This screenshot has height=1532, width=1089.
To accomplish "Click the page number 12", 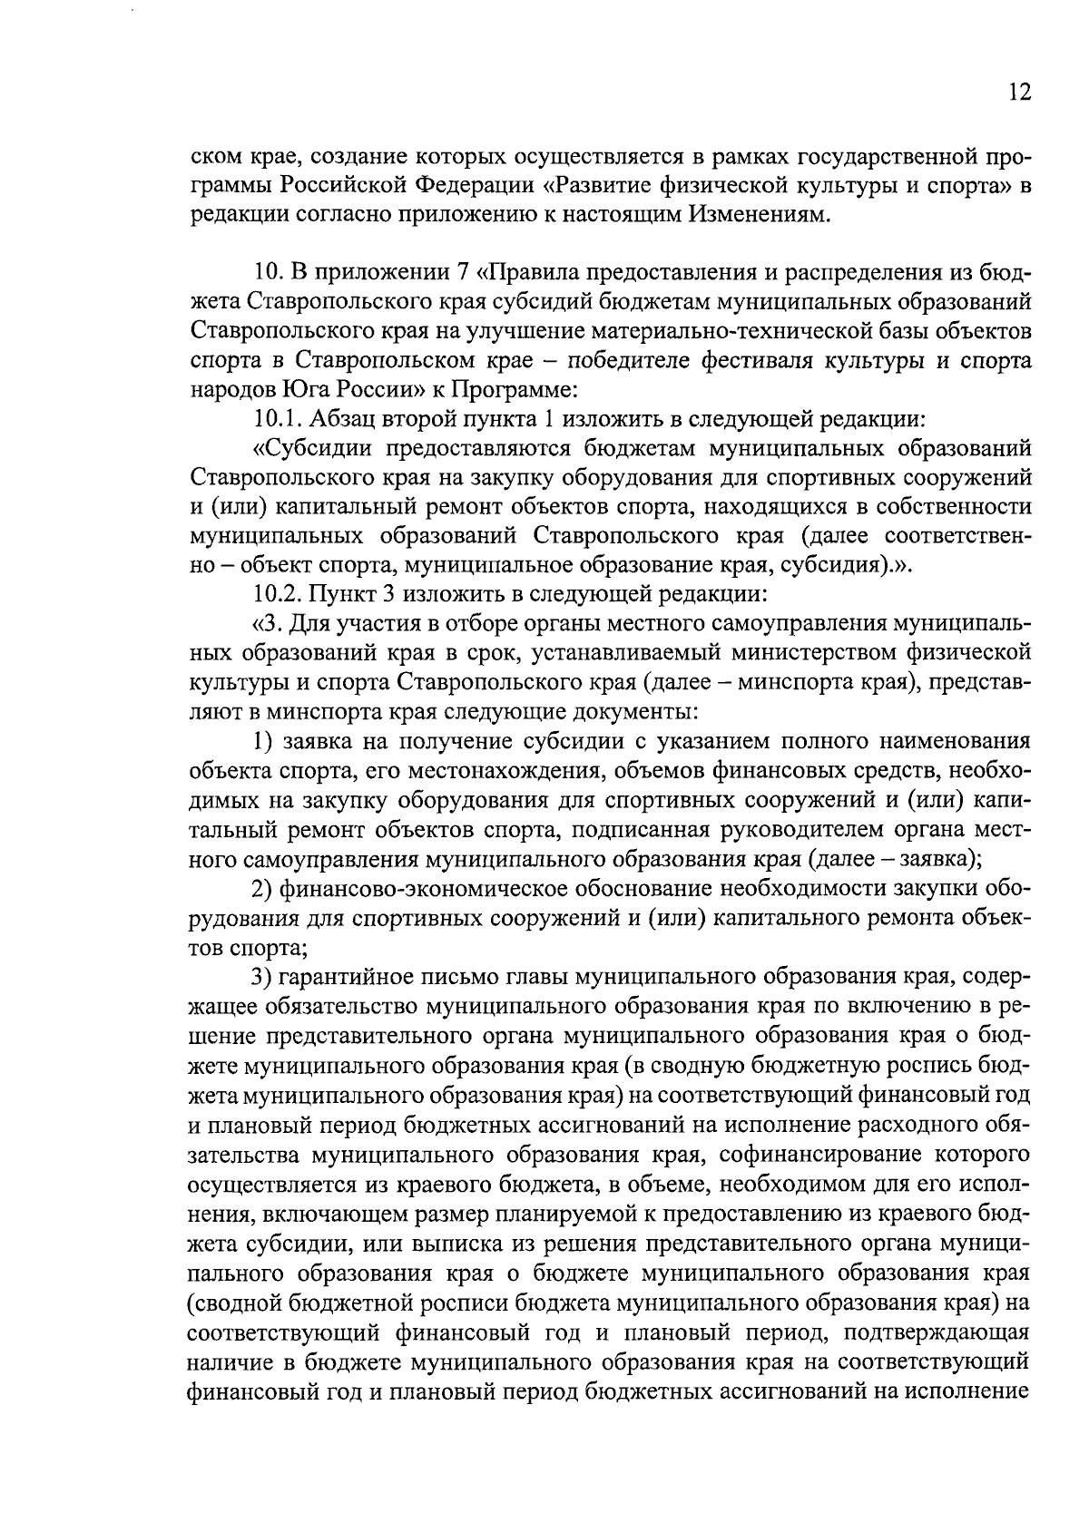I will [x=1018, y=94].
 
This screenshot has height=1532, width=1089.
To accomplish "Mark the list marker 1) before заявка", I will [x=263, y=741].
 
